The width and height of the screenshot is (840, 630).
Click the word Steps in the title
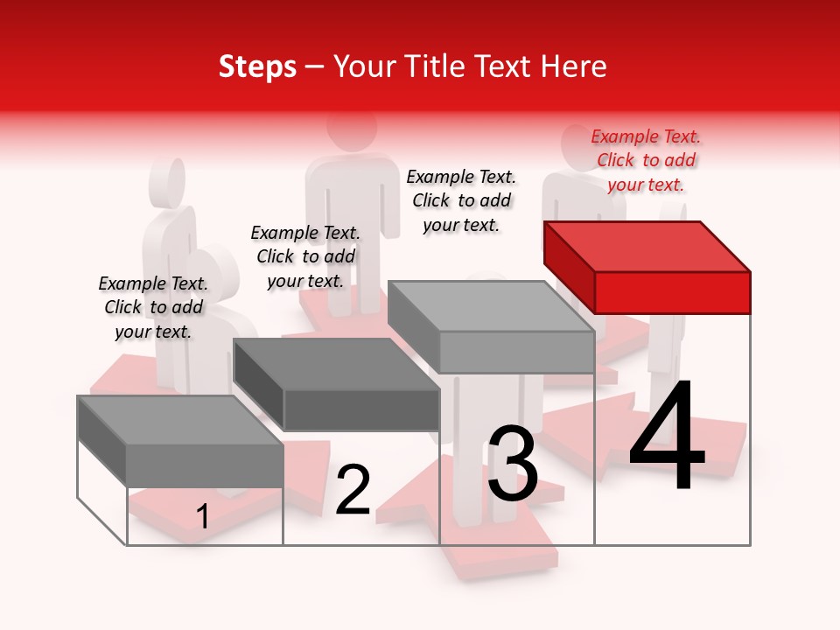[257, 66]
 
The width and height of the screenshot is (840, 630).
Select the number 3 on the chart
[513, 463]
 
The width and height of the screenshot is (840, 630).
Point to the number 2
[353, 490]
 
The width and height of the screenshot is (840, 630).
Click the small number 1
[202, 517]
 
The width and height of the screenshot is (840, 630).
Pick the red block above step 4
[647, 267]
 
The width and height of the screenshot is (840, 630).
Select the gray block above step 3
[492, 327]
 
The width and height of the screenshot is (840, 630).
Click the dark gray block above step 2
[337, 385]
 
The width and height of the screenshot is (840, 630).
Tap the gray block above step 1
[180, 442]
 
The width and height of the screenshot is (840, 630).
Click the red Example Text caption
[646, 160]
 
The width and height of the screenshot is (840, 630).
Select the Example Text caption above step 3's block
[461, 200]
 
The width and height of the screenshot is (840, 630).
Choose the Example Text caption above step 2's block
[305, 256]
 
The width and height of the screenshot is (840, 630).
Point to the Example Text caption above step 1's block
[153, 307]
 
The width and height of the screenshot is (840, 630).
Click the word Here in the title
[576, 66]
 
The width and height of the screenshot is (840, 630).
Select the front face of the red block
[672, 292]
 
